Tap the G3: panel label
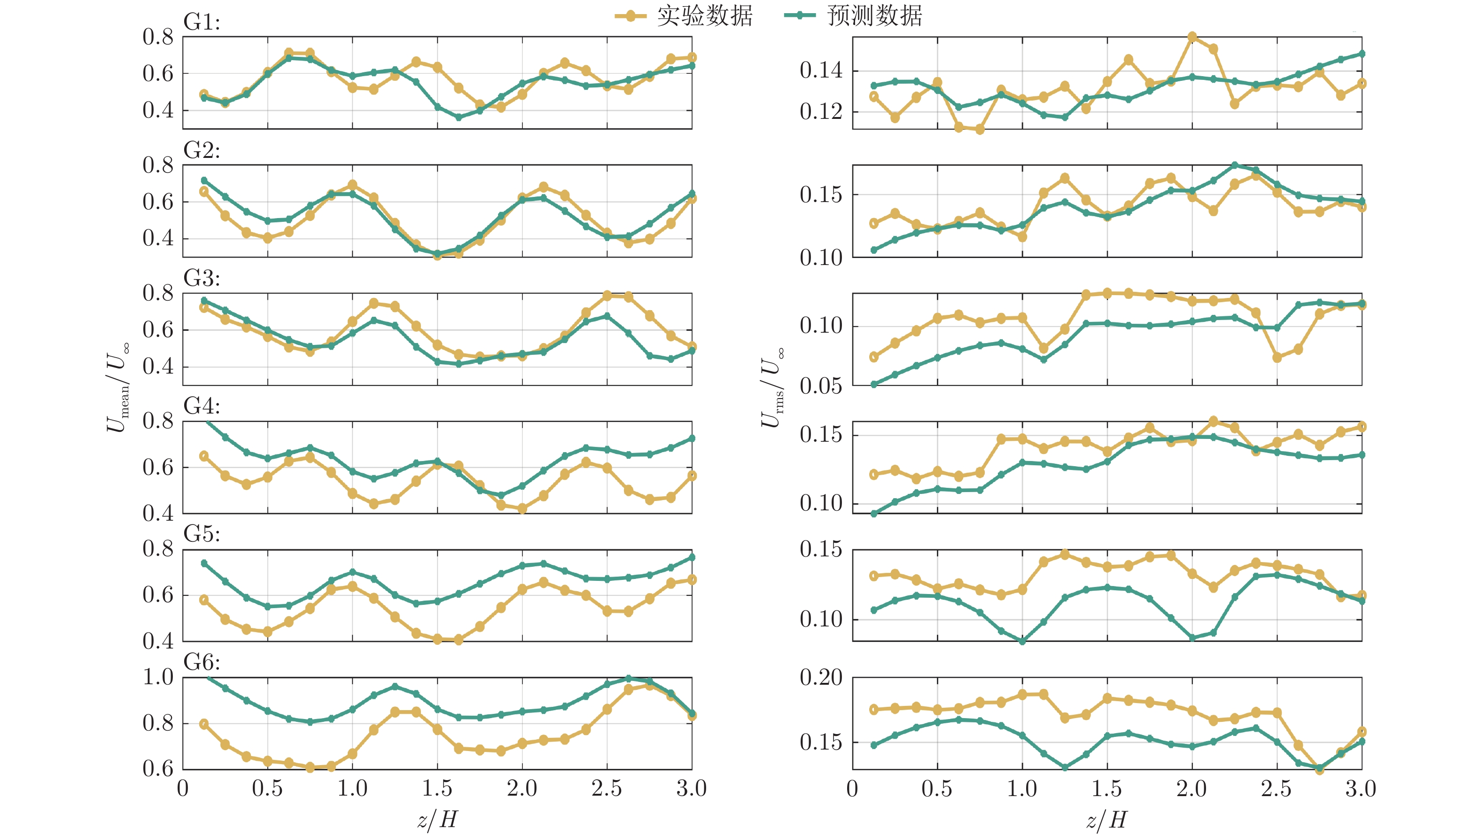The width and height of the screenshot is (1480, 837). (202, 278)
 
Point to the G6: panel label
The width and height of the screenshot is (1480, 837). (202, 662)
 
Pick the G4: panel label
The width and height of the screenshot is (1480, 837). (202, 407)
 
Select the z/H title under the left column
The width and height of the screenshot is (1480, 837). (437, 819)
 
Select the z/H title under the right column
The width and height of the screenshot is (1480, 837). (1106, 819)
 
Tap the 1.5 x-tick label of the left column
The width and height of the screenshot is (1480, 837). (437, 788)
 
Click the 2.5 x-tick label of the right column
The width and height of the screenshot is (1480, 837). (1276, 788)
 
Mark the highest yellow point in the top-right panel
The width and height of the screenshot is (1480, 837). (1192, 38)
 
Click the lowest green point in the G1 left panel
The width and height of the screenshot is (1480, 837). (459, 117)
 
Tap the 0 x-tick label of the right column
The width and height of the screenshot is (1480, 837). (853, 788)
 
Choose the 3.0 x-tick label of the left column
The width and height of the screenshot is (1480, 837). (692, 788)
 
